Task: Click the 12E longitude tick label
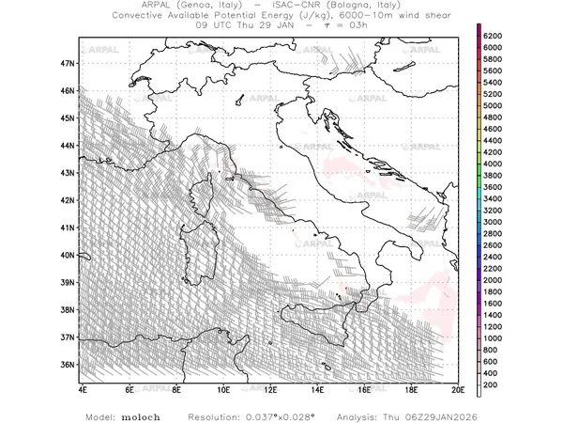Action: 270,387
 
